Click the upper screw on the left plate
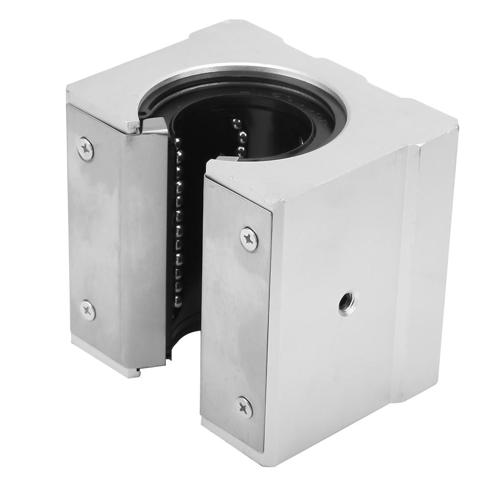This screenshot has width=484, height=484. pyautogui.click(x=86, y=148)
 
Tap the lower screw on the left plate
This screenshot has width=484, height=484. pyautogui.click(x=88, y=310)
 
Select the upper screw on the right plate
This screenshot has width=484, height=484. pyautogui.click(x=249, y=239)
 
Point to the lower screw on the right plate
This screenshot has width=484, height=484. pyautogui.click(x=244, y=407)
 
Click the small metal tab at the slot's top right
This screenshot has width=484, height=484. pyautogui.click(x=227, y=158)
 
